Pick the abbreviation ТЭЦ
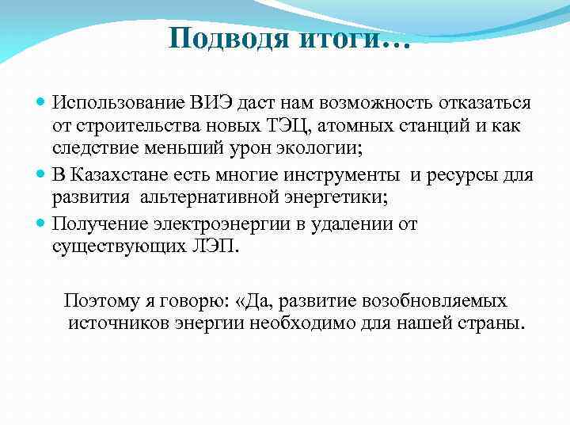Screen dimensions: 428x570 277,126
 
